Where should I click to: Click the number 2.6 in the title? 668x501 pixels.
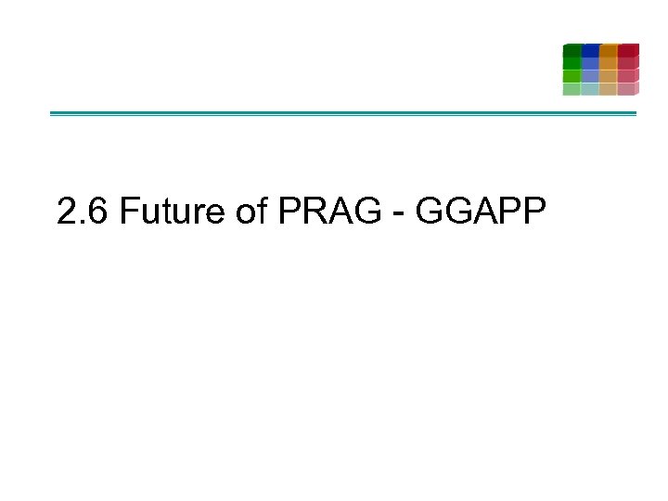coord(83,212)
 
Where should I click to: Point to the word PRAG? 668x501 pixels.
coord(328,212)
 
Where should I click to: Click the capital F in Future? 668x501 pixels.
coord(128,212)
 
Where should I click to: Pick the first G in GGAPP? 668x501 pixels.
coord(432,212)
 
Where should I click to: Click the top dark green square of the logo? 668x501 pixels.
coord(572,50)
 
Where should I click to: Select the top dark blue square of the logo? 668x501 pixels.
coord(590,50)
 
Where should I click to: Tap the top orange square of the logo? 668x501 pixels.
coord(609,50)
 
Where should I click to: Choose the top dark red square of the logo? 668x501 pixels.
coord(628,50)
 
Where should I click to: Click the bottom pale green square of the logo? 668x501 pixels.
coord(572,89)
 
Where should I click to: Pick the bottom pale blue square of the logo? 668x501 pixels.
coord(590,89)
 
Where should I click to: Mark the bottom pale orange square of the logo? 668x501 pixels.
coord(609,89)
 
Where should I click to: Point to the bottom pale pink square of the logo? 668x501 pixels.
coord(627,89)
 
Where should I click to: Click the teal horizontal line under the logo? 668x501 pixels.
coord(343,113)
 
